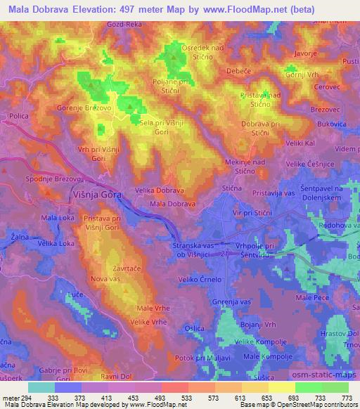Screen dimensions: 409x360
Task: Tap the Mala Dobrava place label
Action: [172, 203]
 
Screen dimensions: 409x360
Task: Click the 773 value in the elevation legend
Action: [345, 397]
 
